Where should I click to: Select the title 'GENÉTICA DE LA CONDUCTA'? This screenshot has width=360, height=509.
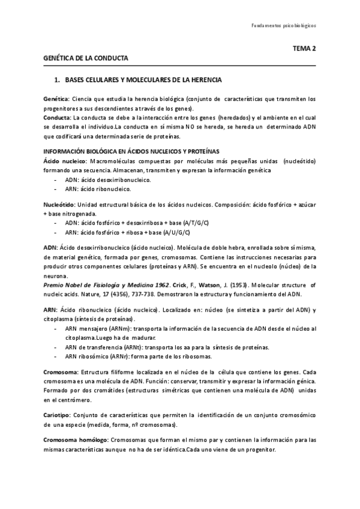(x=86, y=58)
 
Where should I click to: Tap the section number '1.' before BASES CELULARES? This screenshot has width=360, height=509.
(x=58, y=80)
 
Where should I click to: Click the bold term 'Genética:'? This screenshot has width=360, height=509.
(x=57, y=98)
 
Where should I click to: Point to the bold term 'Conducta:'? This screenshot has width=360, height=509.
(x=58, y=118)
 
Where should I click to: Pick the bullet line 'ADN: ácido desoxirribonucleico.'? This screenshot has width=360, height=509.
(x=108, y=180)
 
